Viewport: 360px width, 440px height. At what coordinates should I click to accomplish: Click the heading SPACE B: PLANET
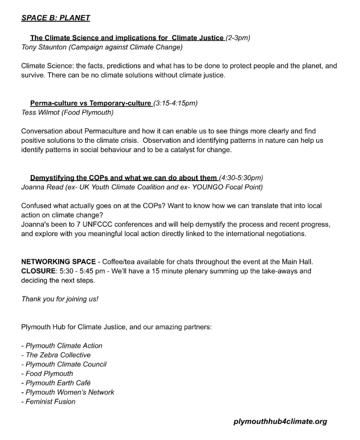55,18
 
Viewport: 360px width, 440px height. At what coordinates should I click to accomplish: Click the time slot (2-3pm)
238,38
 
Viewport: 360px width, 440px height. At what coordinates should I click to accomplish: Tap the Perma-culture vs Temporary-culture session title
90,103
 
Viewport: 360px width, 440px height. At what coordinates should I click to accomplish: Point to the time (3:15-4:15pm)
175,103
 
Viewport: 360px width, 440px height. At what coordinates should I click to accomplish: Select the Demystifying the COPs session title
123,178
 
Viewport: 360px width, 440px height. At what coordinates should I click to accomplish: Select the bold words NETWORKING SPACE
58,262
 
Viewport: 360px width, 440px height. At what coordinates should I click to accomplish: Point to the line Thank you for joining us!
60,299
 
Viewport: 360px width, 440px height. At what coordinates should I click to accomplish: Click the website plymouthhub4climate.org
280,422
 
